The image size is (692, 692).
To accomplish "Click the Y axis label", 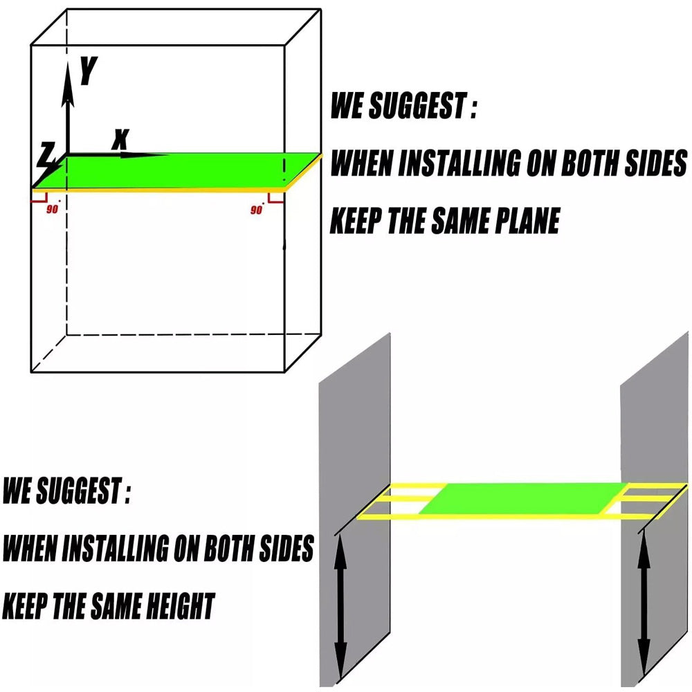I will click(x=88, y=71).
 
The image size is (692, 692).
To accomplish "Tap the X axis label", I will click(x=121, y=139).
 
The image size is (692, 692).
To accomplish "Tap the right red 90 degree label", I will click(x=257, y=210).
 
